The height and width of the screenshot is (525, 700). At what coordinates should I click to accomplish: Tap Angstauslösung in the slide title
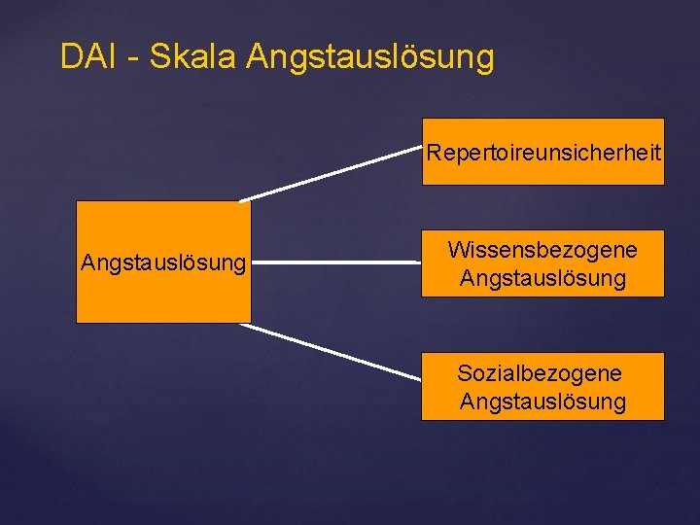coord(370,58)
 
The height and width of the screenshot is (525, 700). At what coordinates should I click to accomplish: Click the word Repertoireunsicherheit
coord(543,153)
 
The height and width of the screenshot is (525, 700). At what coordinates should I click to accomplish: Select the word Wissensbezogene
coord(542,250)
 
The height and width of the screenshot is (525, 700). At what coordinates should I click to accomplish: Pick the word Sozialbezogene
coord(540,373)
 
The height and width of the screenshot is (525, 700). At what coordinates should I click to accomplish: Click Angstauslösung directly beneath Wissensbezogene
coord(542,279)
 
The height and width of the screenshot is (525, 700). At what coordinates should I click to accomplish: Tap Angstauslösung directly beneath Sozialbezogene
coord(542,402)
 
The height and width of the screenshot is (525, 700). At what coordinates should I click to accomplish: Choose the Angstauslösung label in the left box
coord(163,262)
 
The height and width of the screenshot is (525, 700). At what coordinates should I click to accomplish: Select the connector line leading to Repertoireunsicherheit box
coord(331,174)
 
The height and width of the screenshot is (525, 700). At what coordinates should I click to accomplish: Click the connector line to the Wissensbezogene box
coord(335,262)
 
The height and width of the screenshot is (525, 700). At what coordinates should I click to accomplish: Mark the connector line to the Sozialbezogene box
coord(331,351)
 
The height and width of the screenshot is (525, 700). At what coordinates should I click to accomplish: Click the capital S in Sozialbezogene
coord(464,373)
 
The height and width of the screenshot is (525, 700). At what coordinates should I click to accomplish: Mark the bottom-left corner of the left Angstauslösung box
coord(77,322)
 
